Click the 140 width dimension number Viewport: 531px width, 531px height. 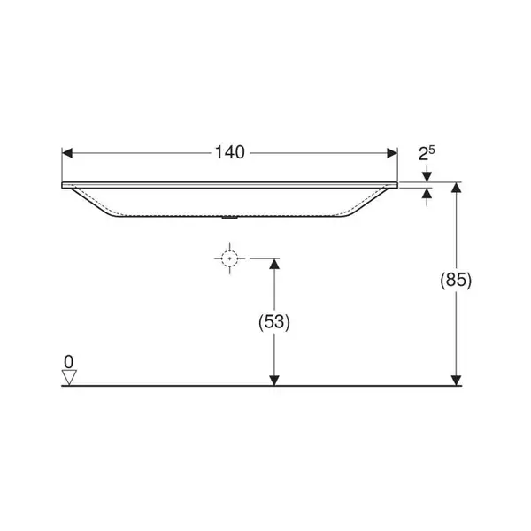point(230,152)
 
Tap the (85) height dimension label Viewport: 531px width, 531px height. point(456,280)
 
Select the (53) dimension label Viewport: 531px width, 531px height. point(274,322)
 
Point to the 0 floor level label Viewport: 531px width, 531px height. point(68,362)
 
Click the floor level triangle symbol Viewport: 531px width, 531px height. point(69,377)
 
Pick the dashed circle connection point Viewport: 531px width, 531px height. point(229,258)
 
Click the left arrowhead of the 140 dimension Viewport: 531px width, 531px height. point(67,153)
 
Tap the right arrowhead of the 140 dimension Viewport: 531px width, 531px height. point(392,153)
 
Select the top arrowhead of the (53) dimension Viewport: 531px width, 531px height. point(274,264)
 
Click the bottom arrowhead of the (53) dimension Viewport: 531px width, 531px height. point(274,381)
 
